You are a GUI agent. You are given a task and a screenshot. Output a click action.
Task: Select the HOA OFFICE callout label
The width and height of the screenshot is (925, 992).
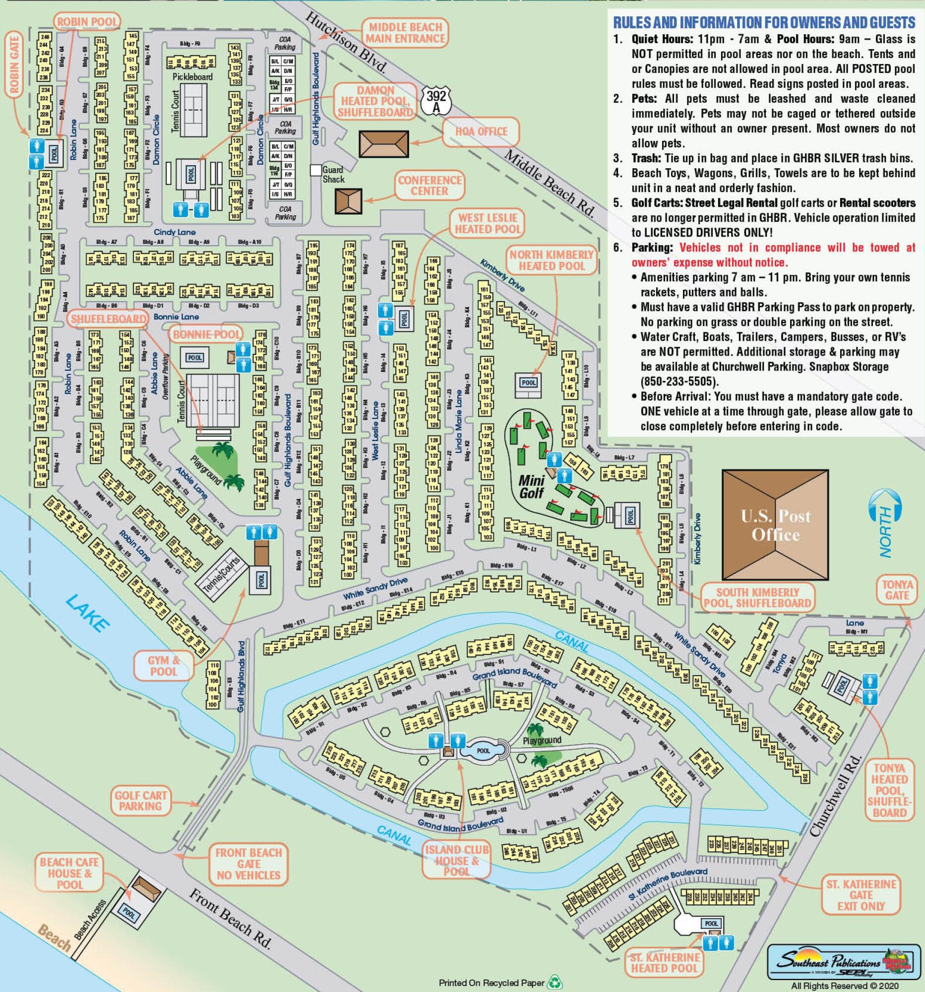[481, 132]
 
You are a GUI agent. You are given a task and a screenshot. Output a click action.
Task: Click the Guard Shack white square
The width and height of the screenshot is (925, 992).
[316, 170]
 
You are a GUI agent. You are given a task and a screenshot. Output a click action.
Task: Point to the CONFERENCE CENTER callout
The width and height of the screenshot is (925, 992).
[430, 185]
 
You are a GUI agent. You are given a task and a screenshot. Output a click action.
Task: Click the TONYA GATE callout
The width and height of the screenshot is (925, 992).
[897, 590]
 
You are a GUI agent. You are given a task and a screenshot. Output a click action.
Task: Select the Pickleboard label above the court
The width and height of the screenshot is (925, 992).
[192, 77]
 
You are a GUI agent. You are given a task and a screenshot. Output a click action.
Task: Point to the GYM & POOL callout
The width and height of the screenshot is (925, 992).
[164, 666]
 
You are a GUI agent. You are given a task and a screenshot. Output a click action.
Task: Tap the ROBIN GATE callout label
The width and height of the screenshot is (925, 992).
[13, 63]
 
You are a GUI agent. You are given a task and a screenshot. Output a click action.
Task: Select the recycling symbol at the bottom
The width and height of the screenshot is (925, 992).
[555, 983]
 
